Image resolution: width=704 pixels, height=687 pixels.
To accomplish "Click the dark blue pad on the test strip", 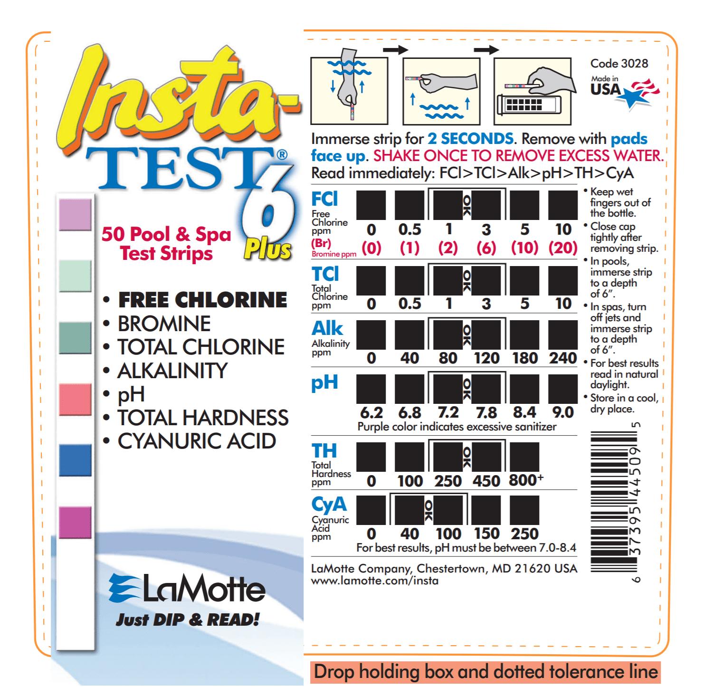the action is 75,460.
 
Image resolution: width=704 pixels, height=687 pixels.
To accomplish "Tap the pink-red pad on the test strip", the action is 75,399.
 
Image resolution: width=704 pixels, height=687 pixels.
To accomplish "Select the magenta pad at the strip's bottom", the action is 75,522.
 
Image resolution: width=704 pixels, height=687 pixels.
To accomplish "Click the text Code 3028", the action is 619,64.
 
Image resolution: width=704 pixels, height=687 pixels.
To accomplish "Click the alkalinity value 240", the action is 562,358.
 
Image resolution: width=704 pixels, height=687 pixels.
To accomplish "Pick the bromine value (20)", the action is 562,248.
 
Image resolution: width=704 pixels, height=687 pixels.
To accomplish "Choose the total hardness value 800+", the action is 526,480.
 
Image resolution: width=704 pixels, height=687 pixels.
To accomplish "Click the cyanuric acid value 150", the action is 486,534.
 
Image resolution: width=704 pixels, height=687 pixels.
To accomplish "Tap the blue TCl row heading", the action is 325,274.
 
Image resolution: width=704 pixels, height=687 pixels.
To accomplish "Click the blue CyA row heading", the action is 329,505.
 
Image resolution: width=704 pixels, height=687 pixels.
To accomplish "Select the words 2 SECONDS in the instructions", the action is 470,139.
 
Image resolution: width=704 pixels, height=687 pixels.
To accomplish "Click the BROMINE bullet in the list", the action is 157,324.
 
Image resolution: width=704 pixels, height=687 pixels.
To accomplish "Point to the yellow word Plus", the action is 267,249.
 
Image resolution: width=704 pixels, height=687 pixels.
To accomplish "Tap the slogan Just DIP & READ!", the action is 187,620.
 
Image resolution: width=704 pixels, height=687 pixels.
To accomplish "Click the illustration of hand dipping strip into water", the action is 349,91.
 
